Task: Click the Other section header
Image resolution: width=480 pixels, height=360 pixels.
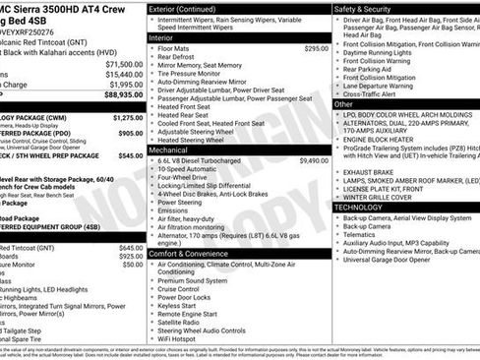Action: click(344, 103)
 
